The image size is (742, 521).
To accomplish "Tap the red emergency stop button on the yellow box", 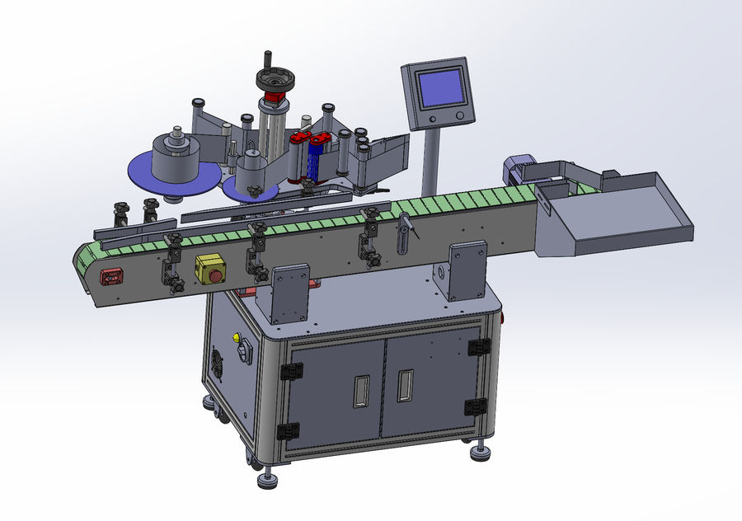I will (x=210, y=269).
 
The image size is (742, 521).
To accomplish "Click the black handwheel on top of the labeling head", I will (x=273, y=80).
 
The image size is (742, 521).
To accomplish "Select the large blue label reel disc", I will (x=173, y=172).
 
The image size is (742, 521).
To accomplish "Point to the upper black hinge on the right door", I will (x=478, y=347).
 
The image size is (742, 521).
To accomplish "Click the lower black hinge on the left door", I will (x=288, y=431).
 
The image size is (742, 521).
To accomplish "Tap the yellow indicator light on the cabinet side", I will (x=236, y=337).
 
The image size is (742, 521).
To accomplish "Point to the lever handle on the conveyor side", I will (x=406, y=231).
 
